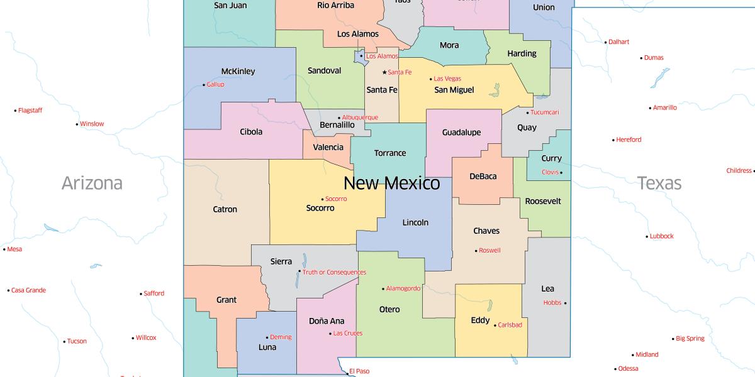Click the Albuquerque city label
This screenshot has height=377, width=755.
360,117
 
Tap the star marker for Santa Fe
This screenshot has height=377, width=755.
384,72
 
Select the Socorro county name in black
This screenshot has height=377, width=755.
320,208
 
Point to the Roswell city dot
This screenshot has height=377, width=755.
476,251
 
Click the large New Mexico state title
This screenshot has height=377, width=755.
391,183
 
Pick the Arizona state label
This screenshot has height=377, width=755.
92,183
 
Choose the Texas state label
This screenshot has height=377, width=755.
659,183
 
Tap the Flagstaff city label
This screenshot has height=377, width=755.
30,111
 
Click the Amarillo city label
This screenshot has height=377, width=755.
664,107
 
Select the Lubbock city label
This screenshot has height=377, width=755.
661,236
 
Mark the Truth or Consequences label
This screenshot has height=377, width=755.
334,272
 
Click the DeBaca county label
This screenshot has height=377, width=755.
483,177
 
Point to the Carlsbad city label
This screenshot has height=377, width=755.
510,325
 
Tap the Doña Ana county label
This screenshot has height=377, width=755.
327,321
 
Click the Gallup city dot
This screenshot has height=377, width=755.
204,85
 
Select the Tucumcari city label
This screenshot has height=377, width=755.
544,112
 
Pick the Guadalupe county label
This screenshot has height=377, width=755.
461,133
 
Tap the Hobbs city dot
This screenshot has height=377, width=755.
565,303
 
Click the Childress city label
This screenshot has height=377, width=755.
739,170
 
